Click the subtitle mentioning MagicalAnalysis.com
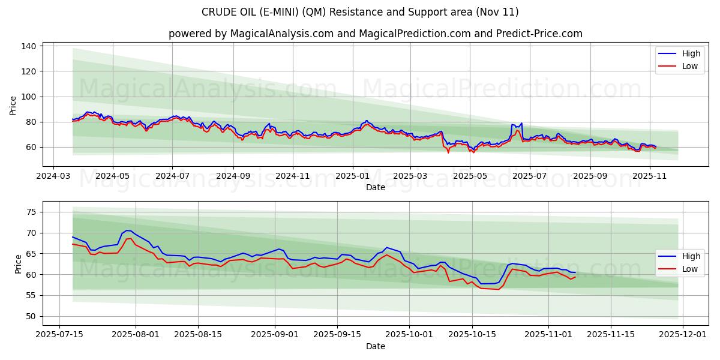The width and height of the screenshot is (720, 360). click(375, 34)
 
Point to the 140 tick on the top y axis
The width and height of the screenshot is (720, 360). click(29, 46)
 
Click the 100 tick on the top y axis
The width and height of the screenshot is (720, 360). click(29, 97)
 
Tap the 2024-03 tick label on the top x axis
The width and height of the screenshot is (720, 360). click(54, 176)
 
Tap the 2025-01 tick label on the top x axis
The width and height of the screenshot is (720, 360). click(352, 176)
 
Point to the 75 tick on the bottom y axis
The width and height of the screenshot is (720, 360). click(31, 212)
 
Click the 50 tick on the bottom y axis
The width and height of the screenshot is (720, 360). click(31, 316)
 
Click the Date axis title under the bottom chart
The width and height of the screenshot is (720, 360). click(375, 346)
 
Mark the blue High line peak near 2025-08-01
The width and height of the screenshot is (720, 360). click(127, 230)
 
